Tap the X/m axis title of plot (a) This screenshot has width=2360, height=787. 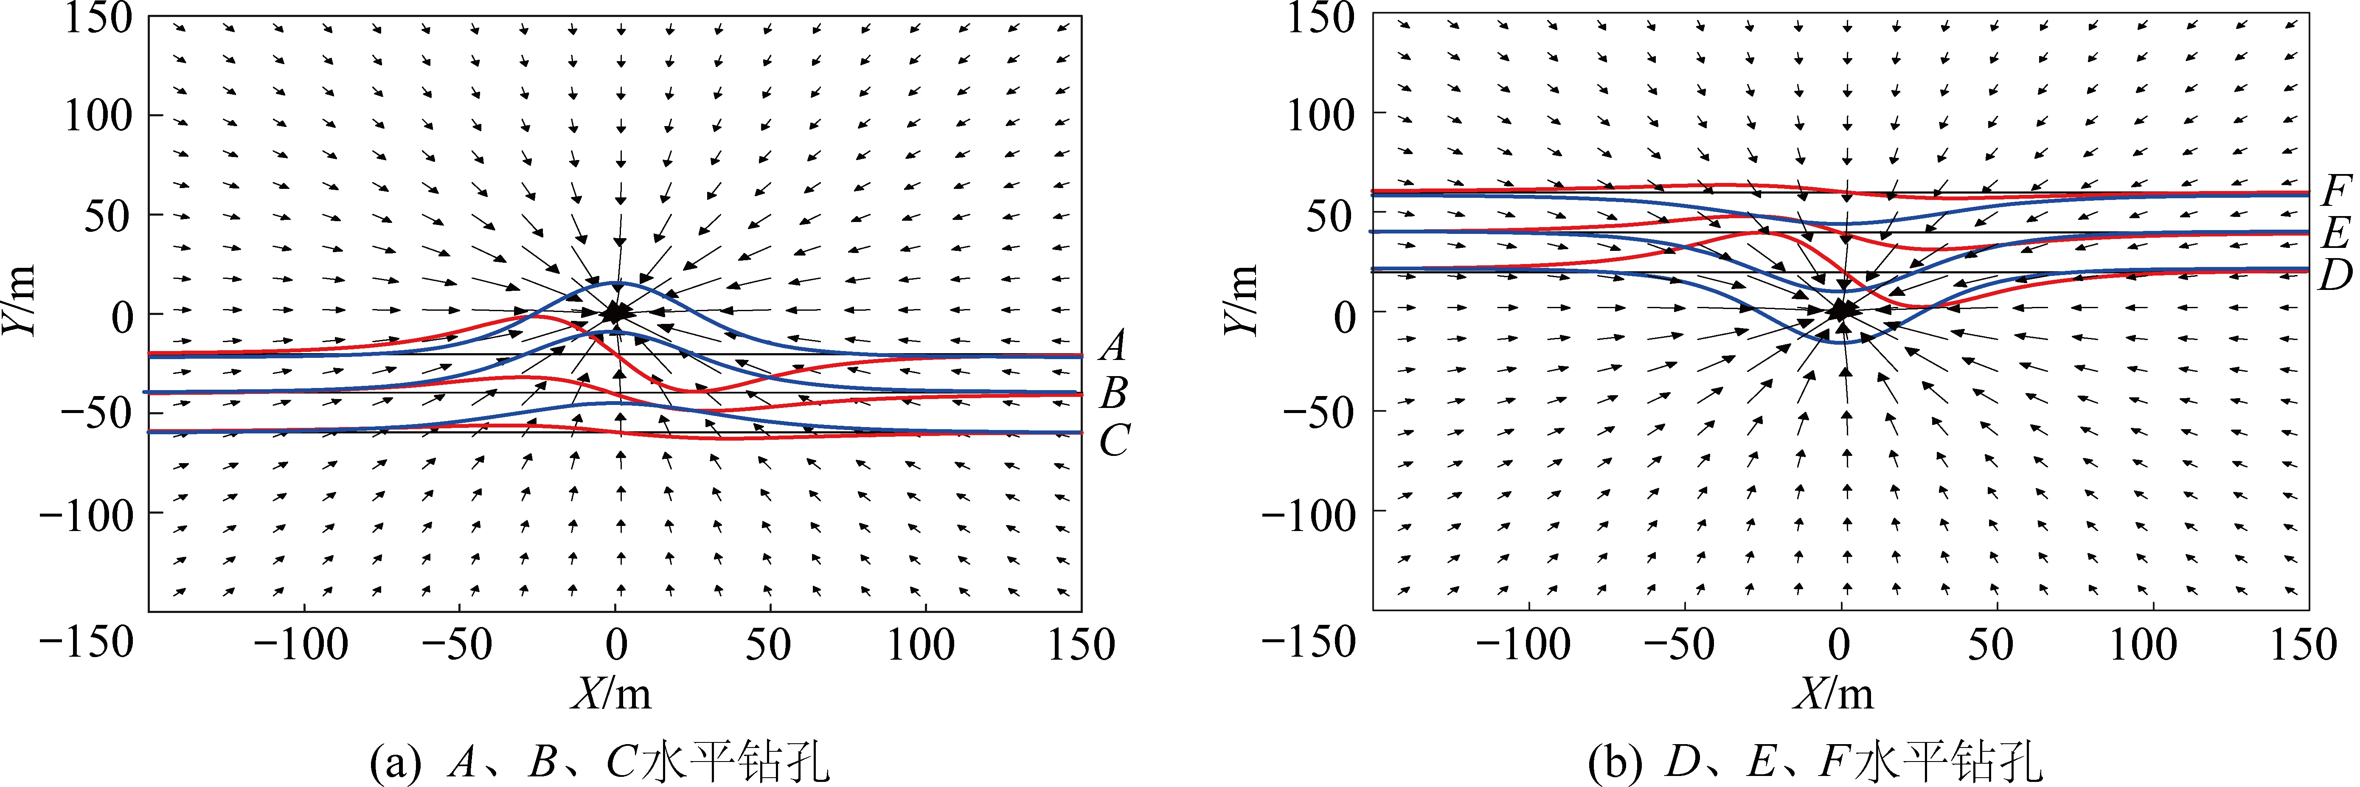tap(612, 694)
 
